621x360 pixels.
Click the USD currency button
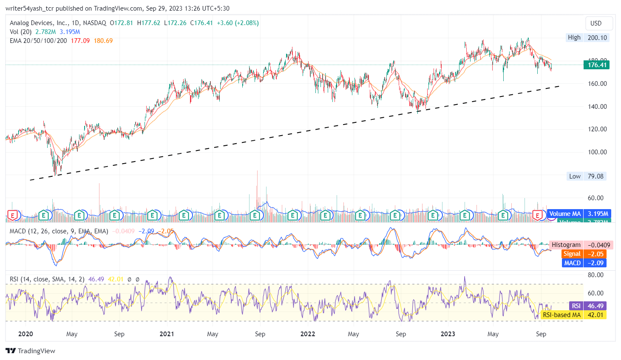(x=596, y=23)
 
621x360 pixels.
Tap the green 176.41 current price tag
(x=597, y=65)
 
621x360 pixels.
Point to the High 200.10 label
(x=574, y=37)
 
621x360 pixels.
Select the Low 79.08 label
(x=575, y=176)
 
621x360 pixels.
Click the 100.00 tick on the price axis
(x=597, y=152)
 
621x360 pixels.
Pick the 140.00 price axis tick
(x=597, y=107)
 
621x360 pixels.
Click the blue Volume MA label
(x=565, y=214)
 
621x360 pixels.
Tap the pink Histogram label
(x=566, y=245)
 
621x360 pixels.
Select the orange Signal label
(x=572, y=254)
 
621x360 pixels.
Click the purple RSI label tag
(x=576, y=306)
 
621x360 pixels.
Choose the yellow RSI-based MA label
(x=561, y=315)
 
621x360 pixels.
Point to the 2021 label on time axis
(x=167, y=334)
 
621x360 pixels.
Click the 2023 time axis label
(x=448, y=334)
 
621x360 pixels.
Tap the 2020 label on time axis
(x=26, y=334)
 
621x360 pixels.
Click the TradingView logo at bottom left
(x=31, y=351)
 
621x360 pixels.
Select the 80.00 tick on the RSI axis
(x=595, y=275)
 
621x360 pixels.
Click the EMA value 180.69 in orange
(x=103, y=41)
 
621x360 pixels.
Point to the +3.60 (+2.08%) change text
(x=238, y=23)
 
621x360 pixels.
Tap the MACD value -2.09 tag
(x=595, y=263)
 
